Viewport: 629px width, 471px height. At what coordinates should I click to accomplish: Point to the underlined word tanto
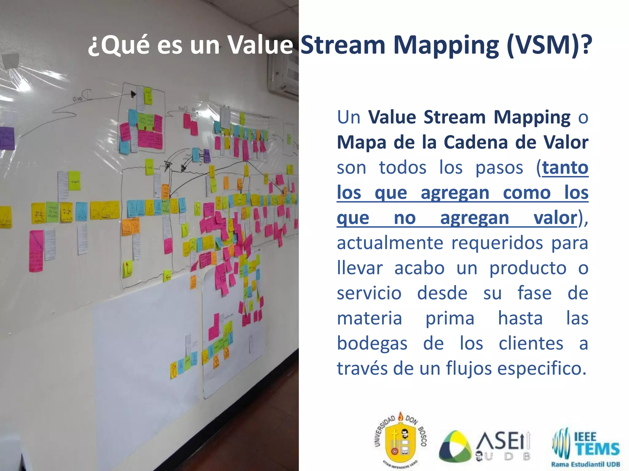tap(565, 168)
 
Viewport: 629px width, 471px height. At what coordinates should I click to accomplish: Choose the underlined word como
tap(527, 193)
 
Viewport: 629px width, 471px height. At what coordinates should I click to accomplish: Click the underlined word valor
tap(555, 218)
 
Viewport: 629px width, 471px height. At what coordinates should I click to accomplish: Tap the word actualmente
tap(390, 243)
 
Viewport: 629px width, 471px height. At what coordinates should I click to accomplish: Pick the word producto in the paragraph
tap(528, 269)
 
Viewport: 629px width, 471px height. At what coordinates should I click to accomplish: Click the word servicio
tap(369, 293)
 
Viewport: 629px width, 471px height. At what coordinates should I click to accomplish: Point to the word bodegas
tap(372, 344)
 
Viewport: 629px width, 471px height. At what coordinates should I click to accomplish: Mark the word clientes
tap(531, 343)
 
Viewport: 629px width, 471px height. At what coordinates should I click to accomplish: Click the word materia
tap(369, 318)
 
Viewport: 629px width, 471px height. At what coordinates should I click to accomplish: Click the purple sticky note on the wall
tap(7, 138)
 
